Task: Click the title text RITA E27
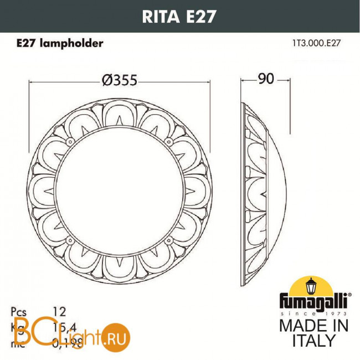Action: point(180,16)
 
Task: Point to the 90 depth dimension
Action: point(266,79)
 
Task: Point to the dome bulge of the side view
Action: point(280,182)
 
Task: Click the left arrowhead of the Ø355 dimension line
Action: point(31,82)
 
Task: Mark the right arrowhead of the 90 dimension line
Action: point(289,82)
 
